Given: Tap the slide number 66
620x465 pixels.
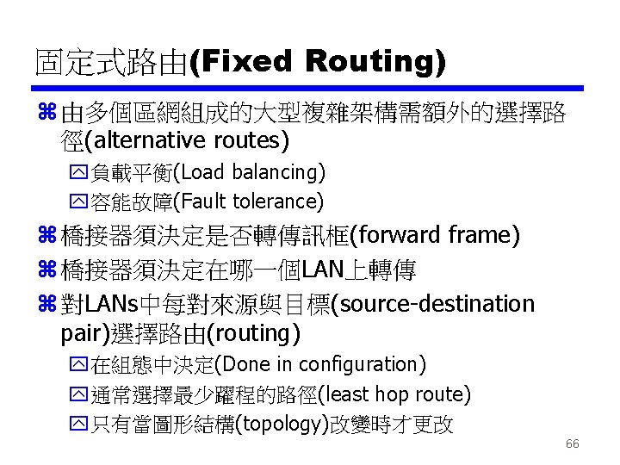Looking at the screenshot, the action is pyautogui.click(x=573, y=444).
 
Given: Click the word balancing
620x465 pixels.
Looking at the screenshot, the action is pyautogui.click(x=277, y=172).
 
